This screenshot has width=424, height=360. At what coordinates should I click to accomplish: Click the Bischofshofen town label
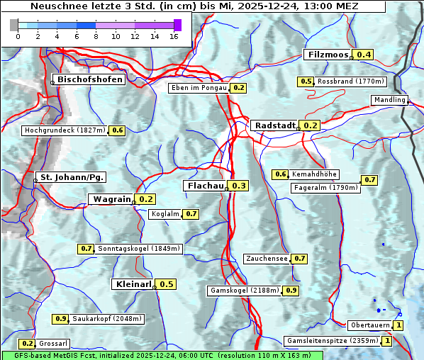(90, 80)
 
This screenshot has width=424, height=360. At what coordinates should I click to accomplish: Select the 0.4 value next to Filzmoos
(364, 55)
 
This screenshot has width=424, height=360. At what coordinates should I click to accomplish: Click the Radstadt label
(275, 125)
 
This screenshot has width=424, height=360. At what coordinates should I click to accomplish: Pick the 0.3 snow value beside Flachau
(239, 186)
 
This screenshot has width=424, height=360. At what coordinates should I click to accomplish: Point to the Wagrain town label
(112, 199)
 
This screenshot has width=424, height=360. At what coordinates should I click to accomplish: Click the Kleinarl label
(133, 284)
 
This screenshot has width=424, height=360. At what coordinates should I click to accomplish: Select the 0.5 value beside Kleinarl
(166, 284)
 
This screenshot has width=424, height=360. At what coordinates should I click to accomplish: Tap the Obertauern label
(370, 325)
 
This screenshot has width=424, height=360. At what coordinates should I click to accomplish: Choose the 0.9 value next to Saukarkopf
(60, 319)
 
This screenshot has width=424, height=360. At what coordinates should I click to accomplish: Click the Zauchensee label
(267, 259)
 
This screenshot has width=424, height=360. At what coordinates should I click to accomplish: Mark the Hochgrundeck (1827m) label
(65, 130)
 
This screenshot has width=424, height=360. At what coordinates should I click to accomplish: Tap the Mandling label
(389, 100)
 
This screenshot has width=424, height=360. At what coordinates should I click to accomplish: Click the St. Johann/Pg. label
(72, 176)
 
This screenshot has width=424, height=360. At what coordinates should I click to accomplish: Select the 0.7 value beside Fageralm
(369, 180)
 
